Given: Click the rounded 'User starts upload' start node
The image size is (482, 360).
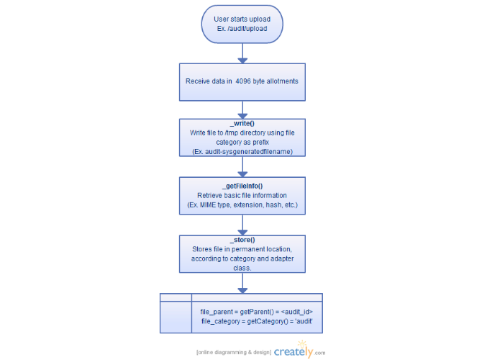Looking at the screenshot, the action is click(242, 24).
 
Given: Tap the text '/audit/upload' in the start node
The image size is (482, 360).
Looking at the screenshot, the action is click(247, 29).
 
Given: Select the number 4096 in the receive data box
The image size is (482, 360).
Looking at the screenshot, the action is click(243, 81).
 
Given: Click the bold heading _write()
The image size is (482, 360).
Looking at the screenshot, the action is click(242, 123).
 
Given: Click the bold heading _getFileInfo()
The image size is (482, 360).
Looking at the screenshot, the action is click(242, 186).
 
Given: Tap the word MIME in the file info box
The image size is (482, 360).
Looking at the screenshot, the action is click(208, 205).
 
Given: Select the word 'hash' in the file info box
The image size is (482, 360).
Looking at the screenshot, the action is click(273, 205).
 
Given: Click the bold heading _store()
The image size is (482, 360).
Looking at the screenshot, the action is click(242, 240).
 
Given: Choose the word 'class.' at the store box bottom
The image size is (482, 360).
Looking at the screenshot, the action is click(242, 268).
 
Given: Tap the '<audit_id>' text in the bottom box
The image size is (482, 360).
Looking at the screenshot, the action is click(297, 312).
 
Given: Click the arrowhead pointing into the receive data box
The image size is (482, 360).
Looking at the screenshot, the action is click(242, 60).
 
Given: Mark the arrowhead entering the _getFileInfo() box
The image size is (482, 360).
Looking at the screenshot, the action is click(242, 174).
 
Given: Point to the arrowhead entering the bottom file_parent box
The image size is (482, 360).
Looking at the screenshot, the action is click(242, 290).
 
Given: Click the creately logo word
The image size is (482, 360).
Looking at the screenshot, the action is click(294, 351).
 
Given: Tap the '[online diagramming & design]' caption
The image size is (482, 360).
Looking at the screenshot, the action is click(234, 352).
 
